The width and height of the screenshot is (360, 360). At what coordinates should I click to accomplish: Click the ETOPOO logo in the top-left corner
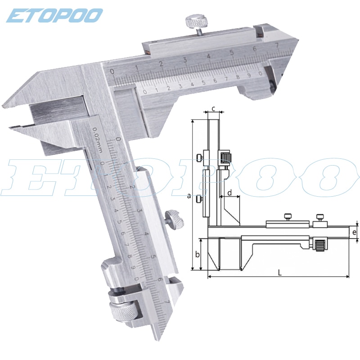[x=54, y=16]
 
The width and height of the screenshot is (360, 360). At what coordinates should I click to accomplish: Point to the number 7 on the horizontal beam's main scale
[x=277, y=45]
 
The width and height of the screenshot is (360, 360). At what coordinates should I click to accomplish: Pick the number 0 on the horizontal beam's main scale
[x=112, y=72]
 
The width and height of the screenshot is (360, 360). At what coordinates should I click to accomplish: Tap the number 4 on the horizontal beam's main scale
[x=208, y=56]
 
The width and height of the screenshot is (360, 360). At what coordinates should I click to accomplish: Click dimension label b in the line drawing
[x=197, y=254]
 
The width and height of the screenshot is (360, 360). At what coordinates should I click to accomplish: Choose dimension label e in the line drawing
[x=354, y=233]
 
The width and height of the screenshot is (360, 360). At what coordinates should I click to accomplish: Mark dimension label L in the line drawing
[x=279, y=272]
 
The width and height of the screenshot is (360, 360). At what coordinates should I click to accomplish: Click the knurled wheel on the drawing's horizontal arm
[x=320, y=245]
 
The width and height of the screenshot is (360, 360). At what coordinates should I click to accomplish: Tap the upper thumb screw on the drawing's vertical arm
[x=199, y=157]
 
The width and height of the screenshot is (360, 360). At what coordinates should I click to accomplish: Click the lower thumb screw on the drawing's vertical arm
[x=199, y=198]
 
